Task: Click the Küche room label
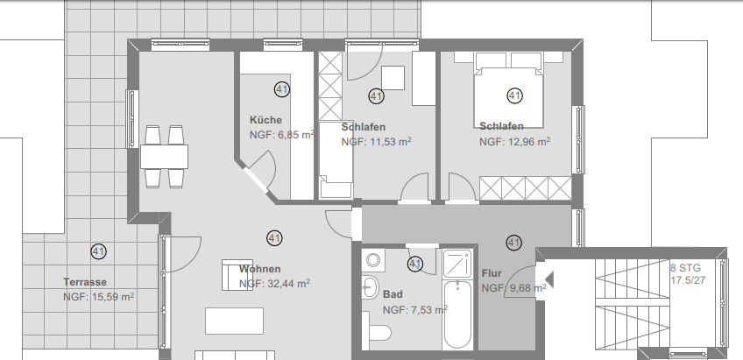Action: pyautogui.click(x=265, y=120)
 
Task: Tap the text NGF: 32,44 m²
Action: pyautogui.click(x=275, y=284)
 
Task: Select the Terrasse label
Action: pyautogui.click(x=85, y=282)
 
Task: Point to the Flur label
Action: pyautogui.click(x=492, y=272)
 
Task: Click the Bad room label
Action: pyautogui.click(x=393, y=293)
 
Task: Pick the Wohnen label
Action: pyautogui.click(x=259, y=268)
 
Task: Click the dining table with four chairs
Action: pyautogui.click(x=164, y=157)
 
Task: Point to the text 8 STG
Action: pyautogui.click(x=685, y=268)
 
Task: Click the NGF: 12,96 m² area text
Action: pyautogui.click(x=514, y=140)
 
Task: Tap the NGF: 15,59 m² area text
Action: pyautogui.click(x=98, y=297)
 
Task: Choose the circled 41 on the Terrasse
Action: pyautogui.click(x=98, y=251)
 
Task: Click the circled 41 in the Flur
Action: pyautogui.click(x=513, y=243)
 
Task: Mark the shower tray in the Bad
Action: pyautogui.click(x=458, y=263)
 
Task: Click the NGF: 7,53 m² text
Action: pyautogui.click(x=415, y=308)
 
